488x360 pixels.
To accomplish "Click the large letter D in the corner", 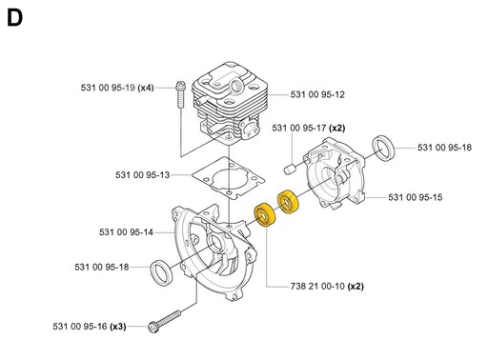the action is pyautogui.click(x=14, y=18).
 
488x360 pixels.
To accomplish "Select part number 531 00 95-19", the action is pyautogui.click(x=108, y=88).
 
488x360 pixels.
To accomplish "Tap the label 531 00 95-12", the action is pyautogui.click(x=317, y=94).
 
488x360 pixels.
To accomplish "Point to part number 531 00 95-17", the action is pyautogui.click(x=299, y=128).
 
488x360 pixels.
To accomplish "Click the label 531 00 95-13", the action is pyautogui.click(x=142, y=175).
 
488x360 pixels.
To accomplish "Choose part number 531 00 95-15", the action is pyautogui.click(x=416, y=197).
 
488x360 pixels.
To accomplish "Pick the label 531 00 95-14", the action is pyautogui.click(x=126, y=232).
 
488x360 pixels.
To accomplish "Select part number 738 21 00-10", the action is pyautogui.click(x=317, y=287).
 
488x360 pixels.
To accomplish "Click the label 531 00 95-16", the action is pyautogui.click(x=80, y=327).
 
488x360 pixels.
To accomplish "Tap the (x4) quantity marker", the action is pyautogui.click(x=146, y=88).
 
